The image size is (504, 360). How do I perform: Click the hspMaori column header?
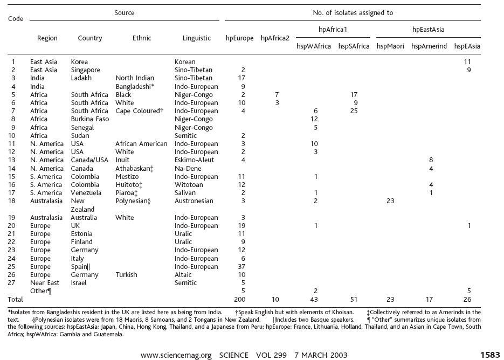point(390,46)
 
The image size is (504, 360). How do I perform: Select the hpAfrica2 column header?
point(275,38)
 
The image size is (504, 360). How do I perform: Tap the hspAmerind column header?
point(429,46)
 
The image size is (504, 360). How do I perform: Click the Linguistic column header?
point(196,38)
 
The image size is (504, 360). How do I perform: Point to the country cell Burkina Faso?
point(90,119)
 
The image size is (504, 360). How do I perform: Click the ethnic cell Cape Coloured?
point(140,111)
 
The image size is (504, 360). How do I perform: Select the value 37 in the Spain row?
point(241,266)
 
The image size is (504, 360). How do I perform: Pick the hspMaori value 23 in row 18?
point(390,201)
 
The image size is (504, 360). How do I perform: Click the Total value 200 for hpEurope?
point(240,299)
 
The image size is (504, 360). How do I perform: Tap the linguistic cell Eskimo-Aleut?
point(194,160)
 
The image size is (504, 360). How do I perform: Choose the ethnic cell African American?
point(141,144)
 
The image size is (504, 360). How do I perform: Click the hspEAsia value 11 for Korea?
point(467,62)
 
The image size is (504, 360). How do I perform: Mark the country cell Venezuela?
point(86,193)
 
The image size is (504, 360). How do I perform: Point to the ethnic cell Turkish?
point(126,275)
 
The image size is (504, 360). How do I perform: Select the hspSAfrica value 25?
point(354,111)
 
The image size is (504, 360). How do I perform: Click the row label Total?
point(16,299)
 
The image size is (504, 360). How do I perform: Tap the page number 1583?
point(490,355)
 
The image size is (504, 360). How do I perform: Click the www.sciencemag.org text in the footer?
point(176,355)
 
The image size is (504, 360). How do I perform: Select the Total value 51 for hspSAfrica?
point(354,299)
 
